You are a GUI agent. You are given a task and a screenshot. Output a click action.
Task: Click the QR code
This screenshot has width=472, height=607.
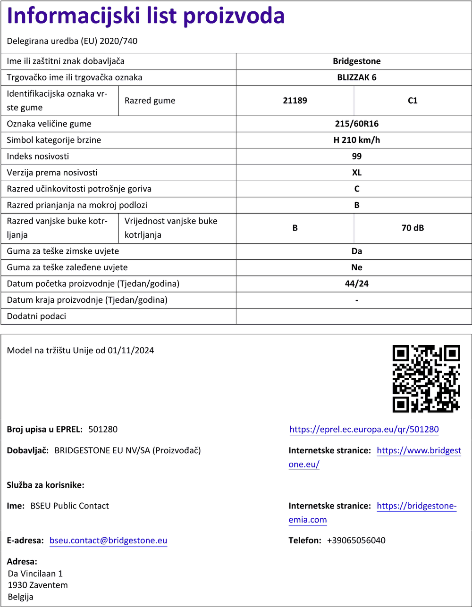click(426, 379)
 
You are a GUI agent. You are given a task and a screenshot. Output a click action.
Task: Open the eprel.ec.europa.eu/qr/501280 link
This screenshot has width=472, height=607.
click(364, 430)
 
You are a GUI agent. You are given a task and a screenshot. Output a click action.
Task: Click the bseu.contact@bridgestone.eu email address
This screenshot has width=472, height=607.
click(108, 540)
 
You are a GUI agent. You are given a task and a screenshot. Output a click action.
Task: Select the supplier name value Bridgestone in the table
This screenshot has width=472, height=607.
click(356, 61)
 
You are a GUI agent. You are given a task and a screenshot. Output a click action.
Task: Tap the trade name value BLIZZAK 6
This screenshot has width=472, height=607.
click(356, 77)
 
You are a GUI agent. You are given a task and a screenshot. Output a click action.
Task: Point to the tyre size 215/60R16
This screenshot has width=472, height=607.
click(356, 124)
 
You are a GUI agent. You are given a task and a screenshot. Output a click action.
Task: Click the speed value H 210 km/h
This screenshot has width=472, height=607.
click(356, 140)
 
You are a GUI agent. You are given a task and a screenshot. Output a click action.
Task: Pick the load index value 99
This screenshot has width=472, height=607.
click(356, 156)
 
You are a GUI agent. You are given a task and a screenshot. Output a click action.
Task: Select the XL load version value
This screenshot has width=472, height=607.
click(356, 173)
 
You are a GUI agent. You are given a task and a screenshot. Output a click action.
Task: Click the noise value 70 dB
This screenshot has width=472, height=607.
click(413, 228)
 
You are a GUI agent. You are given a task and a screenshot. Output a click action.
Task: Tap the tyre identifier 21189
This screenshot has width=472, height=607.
click(295, 100)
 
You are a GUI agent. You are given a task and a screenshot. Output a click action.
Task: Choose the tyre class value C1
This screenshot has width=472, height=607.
click(413, 100)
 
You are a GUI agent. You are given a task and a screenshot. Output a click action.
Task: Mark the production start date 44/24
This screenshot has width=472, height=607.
click(356, 284)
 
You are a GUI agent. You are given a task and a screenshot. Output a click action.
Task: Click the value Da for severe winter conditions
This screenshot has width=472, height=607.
click(356, 251)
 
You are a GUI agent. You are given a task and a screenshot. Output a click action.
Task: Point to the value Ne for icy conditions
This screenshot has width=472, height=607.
click(356, 267)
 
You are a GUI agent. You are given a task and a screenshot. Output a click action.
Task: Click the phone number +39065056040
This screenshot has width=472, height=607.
click(356, 540)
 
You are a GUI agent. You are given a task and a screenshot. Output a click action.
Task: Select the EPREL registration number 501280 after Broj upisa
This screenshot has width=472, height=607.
click(103, 430)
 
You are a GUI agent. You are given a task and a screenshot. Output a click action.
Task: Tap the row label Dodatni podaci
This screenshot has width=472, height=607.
click(36, 316)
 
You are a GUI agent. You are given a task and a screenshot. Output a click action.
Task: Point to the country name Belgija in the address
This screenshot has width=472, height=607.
click(21, 597)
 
